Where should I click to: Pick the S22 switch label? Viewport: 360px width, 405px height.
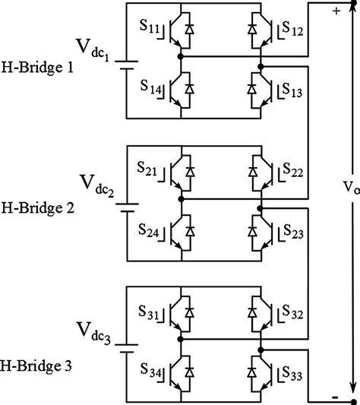coord(292,174)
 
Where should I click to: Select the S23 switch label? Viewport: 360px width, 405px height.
coord(292,234)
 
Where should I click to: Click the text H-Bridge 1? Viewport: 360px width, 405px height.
coord(38,68)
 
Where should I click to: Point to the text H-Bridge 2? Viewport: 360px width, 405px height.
coord(38,207)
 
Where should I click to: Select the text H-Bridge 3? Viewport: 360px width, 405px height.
coord(38,366)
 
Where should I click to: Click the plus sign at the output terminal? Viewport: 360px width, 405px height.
coord(334,11)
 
